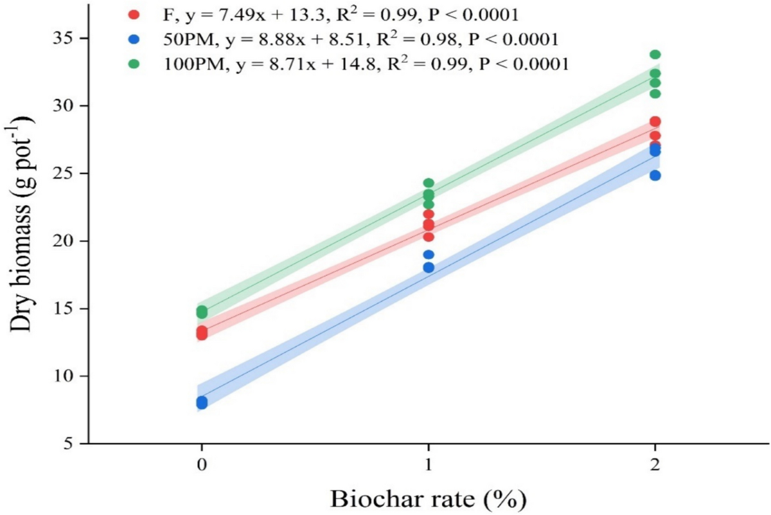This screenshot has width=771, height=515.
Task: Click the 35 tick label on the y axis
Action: (63, 38)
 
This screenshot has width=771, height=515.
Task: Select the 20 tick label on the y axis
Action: (63, 241)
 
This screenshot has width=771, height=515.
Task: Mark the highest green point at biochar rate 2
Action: (655, 55)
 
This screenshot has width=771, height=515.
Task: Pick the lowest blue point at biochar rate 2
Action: (655, 176)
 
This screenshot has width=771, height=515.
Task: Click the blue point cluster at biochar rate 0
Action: (202, 402)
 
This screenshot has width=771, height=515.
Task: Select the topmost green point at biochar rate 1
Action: (429, 183)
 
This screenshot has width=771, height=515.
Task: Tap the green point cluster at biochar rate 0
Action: (202, 312)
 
